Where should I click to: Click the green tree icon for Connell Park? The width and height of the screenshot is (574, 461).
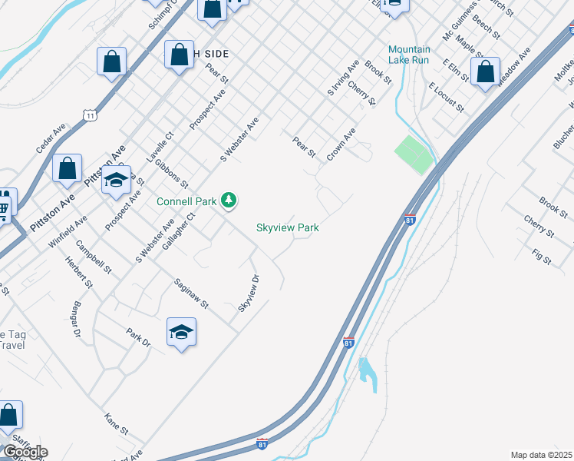(228, 201)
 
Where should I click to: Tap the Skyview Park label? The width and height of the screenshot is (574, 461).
(288, 227)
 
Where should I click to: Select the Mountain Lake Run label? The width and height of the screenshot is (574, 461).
(409, 55)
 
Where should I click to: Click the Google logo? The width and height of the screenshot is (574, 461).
(25, 452)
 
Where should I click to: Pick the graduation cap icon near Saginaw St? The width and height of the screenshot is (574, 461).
(181, 332)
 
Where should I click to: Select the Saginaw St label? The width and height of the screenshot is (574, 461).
(191, 293)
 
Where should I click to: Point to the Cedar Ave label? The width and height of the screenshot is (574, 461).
(51, 140)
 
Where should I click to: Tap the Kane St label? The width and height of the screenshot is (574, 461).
(116, 422)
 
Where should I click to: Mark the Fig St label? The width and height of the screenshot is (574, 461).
(541, 256)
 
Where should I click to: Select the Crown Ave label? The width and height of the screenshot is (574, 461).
(341, 144)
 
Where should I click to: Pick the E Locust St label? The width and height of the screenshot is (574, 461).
(447, 97)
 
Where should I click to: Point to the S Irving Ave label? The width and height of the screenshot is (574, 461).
(343, 79)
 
